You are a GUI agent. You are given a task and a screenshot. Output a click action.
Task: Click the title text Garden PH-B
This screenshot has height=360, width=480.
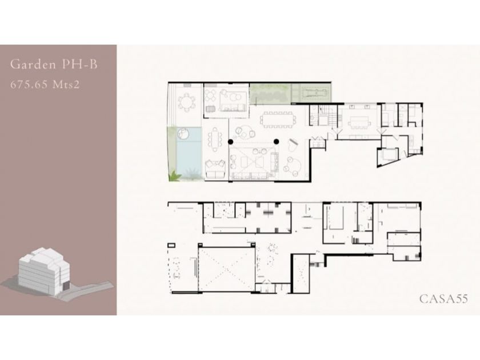[x=54, y=64]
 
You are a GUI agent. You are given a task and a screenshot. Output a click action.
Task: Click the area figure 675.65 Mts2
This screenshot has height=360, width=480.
[x=45, y=84]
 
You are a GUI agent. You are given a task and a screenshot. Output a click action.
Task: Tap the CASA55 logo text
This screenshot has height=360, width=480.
[x=443, y=299]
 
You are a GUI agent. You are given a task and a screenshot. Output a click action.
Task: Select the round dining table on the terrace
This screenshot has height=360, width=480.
[x=186, y=102]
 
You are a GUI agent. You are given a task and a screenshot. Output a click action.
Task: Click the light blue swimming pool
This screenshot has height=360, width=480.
[x=189, y=153]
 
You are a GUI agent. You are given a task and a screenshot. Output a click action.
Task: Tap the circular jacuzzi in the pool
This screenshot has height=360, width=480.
[x=183, y=134]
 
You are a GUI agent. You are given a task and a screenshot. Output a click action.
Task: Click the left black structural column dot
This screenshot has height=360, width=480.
[x=230, y=142]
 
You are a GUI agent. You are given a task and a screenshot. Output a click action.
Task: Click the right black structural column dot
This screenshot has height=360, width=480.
[x=276, y=142]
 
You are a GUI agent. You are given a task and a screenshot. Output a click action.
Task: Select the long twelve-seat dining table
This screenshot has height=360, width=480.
[x=278, y=119]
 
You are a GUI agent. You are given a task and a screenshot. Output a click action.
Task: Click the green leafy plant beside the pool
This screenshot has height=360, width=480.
[x=175, y=177]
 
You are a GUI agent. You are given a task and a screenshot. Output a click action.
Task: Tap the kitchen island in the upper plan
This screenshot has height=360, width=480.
[x=359, y=122]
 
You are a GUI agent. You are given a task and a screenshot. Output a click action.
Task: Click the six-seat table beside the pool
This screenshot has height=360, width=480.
[x=215, y=140]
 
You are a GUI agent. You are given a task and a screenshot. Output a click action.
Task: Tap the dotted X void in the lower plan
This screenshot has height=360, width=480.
[x=226, y=269]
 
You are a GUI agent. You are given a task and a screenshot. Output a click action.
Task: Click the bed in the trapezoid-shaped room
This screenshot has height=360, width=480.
[x=389, y=154]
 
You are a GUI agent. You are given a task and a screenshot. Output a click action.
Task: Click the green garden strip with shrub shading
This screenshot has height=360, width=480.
[x=270, y=93]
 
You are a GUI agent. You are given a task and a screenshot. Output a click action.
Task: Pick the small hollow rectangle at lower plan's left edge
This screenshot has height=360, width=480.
[x=171, y=245]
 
